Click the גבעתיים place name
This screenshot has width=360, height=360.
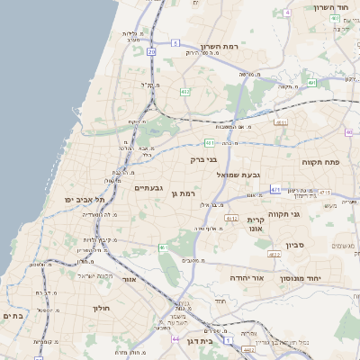(148, 188)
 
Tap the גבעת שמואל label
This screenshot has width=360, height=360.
(238, 174)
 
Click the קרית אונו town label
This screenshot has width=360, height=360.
(256, 224)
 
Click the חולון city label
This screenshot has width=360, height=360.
(101, 308)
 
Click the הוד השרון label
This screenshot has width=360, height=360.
(330, 7)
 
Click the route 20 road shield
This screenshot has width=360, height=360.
(151, 52)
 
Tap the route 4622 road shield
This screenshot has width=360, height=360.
(273, 255)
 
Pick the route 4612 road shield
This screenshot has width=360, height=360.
(231, 218)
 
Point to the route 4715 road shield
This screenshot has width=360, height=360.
(324, 193)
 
